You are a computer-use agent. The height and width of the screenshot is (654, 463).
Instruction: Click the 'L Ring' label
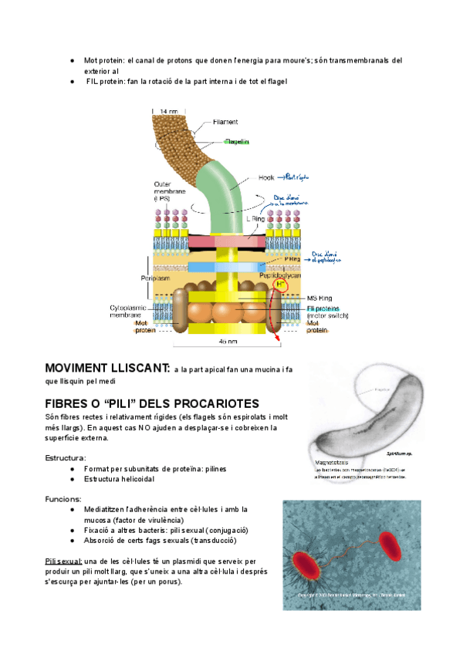point(255,218)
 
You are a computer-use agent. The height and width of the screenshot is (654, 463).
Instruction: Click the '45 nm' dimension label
point(228,342)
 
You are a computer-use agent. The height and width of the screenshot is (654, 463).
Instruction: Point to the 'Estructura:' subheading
point(65,457)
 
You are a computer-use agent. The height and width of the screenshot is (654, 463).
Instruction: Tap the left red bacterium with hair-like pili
point(309,565)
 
